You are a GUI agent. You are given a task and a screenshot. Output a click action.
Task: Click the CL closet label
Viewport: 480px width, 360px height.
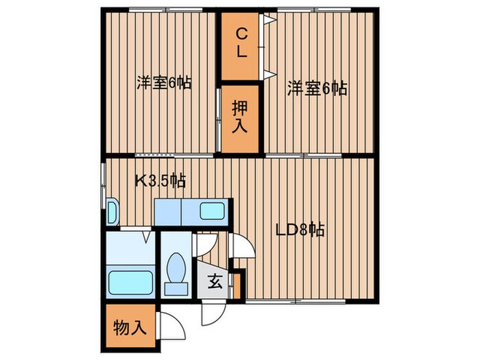(241, 43)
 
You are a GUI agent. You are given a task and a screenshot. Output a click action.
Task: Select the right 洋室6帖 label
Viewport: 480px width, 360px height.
(316, 88)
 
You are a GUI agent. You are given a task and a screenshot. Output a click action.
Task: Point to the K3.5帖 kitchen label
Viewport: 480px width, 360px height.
(159, 181)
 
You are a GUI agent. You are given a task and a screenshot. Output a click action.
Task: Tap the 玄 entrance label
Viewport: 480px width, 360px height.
(213, 281)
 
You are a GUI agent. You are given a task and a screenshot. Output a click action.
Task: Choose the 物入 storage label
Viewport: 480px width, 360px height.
(130, 327)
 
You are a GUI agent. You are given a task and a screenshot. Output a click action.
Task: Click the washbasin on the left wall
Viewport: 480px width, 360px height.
(112, 212)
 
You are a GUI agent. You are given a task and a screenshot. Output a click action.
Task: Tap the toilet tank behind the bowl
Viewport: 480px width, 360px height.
(176, 288)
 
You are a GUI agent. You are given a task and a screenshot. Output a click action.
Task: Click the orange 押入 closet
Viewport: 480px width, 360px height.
(239, 118)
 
